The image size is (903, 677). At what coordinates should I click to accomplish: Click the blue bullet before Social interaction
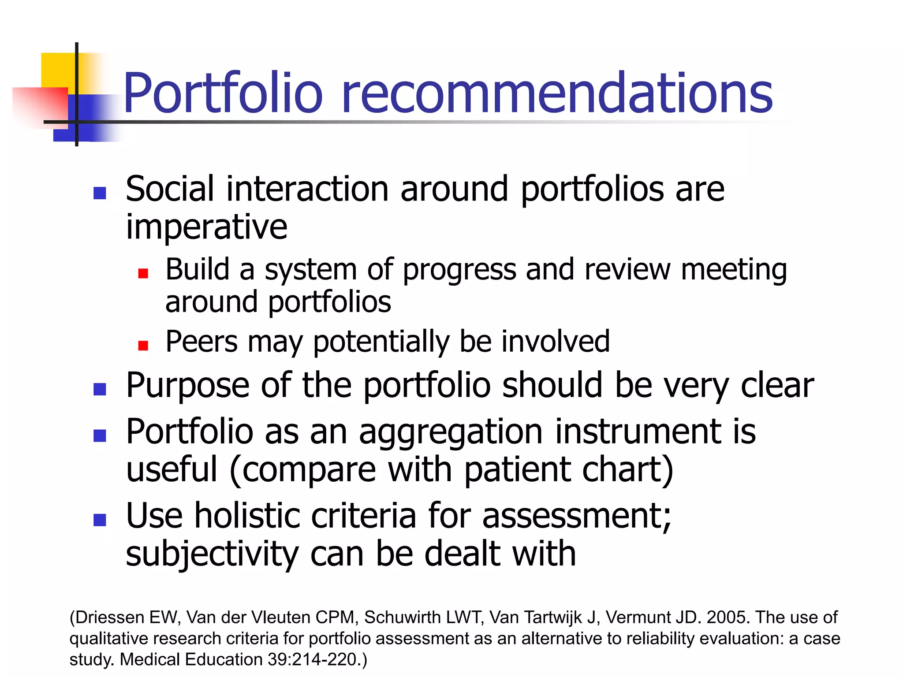click(100, 193)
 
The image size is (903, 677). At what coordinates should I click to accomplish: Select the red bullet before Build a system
click(143, 274)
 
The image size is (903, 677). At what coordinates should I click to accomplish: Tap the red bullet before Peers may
click(143, 345)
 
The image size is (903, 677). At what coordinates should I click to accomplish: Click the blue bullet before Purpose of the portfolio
click(100, 389)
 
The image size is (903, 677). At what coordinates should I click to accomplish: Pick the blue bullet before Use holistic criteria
click(100, 520)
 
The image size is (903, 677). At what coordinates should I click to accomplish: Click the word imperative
click(206, 227)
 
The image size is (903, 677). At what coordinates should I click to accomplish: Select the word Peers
click(201, 342)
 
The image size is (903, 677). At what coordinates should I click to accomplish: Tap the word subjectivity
click(212, 554)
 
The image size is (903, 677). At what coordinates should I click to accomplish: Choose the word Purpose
click(187, 386)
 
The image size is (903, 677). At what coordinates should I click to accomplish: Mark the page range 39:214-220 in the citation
click(314, 660)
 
